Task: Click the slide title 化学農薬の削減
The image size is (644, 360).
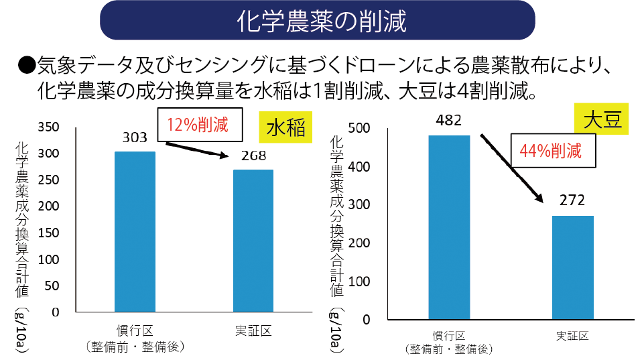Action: pyautogui.click(x=322, y=22)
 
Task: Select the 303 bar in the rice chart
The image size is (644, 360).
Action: pyautogui.click(x=135, y=231)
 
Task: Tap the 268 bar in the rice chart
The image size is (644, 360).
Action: pyautogui.click(x=253, y=241)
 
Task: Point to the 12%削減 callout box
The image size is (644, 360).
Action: pyautogui.click(x=197, y=125)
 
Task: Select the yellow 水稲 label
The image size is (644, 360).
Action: pyautogui.click(x=286, y=128)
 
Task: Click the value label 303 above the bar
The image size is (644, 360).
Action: pyautogui.click(x=135, y=138)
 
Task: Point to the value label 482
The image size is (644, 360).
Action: pyautogui.click(x=449, y=121)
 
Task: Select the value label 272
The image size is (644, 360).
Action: pyautogui.click(x=573, y=200)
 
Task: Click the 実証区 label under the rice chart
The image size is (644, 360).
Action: pyautogui.click(x=253, y=331)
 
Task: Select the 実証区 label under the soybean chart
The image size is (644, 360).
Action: pyautogui.click(x=573, y=335)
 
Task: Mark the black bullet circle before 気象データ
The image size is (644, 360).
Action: pyautogui.click(x=27, y=65)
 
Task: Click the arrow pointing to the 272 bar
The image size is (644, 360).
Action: pyautogui.click(x=511, y=167)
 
